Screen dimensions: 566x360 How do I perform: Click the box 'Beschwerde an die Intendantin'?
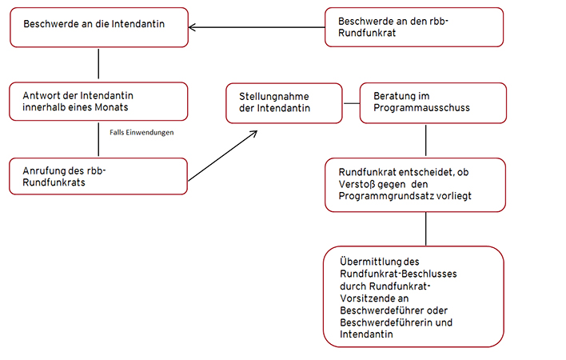(99, 27)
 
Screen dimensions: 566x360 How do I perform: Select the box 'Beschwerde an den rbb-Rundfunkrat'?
(414, 27)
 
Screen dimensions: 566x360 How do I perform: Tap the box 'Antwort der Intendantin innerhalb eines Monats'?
(98, 102)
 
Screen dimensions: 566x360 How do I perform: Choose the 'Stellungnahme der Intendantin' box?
(284, 103)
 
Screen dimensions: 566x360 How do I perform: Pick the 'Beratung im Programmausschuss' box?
(433, 103)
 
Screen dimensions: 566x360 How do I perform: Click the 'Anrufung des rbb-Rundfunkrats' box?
(98, 176)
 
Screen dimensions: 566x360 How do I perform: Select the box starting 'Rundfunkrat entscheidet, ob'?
(415, 185)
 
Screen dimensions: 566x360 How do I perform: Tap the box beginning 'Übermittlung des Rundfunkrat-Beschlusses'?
(413, 297)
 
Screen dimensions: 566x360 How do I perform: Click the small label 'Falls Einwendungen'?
(141, 133)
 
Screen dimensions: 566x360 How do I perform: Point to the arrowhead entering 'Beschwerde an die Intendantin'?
(190, 27)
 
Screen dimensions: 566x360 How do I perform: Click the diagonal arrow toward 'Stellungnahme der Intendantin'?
(223, 156)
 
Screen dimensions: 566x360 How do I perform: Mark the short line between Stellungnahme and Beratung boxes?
(351, 104)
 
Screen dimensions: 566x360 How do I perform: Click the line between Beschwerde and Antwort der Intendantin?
(98, 64)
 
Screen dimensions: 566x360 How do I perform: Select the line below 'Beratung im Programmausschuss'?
(426, 141)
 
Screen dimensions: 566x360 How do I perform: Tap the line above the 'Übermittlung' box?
(426, 229)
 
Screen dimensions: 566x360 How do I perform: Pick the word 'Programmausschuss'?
(421, 108)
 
